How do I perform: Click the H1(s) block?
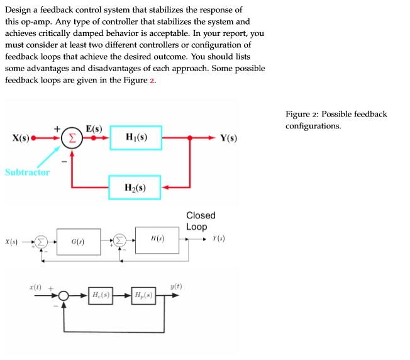136,138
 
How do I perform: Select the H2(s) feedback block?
136,187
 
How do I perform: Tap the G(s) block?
78,241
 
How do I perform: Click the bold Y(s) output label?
228,138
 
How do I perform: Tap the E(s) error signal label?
94,128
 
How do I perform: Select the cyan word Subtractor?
27,172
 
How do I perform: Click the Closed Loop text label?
201,221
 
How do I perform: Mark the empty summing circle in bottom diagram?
64,295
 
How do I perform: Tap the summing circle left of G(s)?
40,241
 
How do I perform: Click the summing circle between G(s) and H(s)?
119,241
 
